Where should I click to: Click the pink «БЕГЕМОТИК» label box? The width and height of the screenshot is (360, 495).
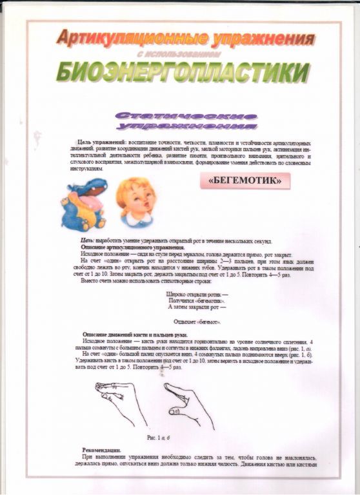(246, 182)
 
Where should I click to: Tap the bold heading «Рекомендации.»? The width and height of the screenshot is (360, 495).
(105, 449)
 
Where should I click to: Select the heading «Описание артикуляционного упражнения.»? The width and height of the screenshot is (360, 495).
(133, 247)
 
